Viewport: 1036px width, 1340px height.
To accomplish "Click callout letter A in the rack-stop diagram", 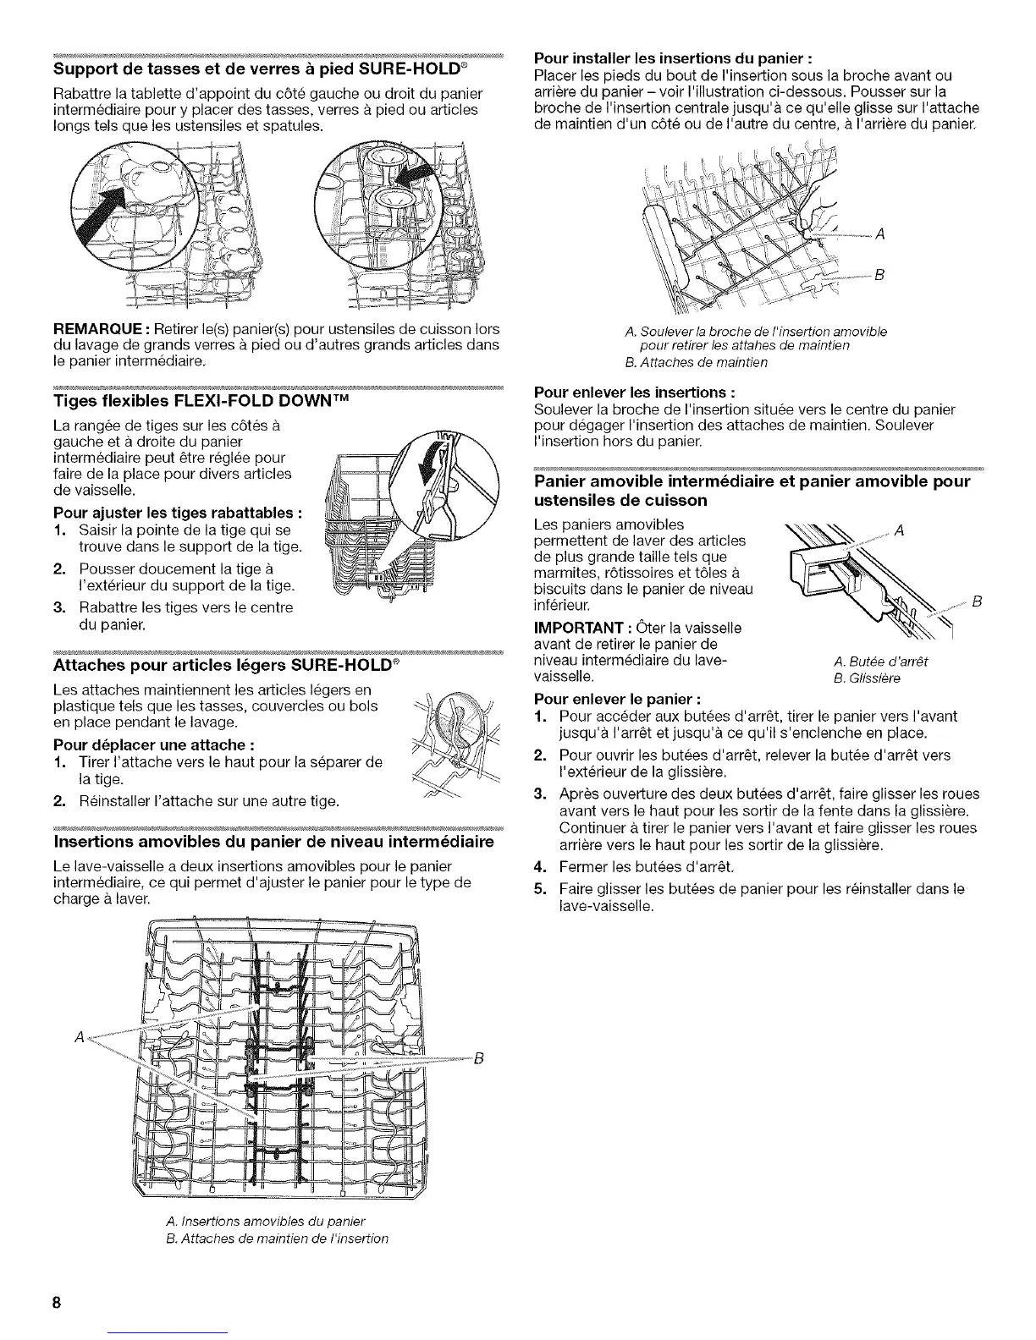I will click(x=900, y=531).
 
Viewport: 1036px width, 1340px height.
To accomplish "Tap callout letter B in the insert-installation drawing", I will click(x=878, y=274).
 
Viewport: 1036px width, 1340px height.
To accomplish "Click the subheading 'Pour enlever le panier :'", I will click(x=617, y=700).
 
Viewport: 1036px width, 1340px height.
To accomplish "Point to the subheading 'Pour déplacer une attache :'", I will click(x=155, y=745).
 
